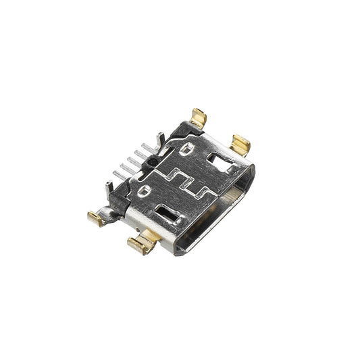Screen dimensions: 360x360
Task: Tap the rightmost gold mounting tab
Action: tap(240, 143)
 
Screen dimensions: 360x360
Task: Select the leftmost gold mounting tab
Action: tap(96, 217)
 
